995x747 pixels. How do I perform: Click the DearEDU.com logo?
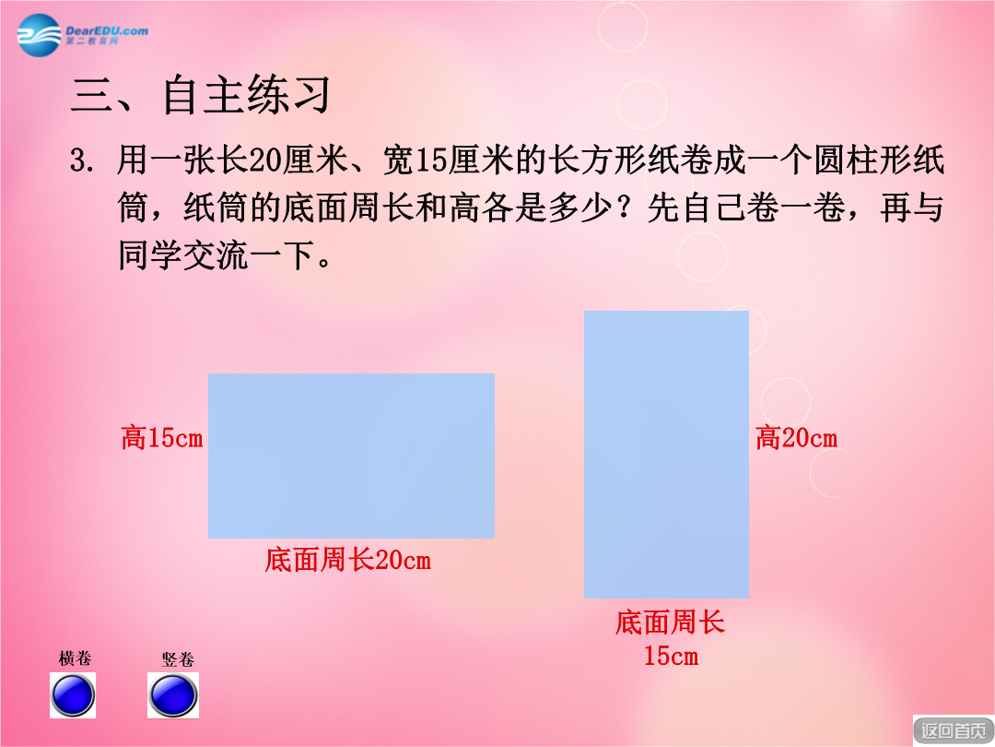(83, 35)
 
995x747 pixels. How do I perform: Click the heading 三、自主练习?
(201, 95)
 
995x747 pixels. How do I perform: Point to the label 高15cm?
(162, 438)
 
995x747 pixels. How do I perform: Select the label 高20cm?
(796, 438)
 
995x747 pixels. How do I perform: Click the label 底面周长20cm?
(347, 561)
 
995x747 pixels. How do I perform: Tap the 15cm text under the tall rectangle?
(671, 656)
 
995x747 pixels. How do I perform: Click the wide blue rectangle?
(352, 456)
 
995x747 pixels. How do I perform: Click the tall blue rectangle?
(666, 454)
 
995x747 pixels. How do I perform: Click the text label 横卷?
(75, 658)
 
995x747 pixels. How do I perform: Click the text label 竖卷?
(178, 659)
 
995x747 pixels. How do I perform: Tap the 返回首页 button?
(954, 730)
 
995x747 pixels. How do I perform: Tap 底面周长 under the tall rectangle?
(670, 622)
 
